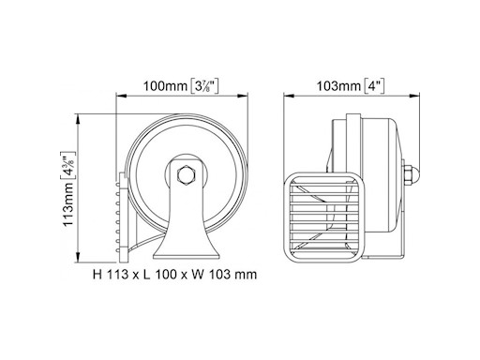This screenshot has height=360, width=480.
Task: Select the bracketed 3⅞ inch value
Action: coord(203,87)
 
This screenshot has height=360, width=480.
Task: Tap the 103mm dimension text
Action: coord(337,87)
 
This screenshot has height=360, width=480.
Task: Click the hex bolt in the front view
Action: coord(185,174)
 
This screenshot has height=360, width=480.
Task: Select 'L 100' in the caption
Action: coord(155,276)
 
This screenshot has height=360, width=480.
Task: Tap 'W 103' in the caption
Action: coord(200,276)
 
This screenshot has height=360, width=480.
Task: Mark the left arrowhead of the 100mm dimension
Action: coord(119,96)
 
